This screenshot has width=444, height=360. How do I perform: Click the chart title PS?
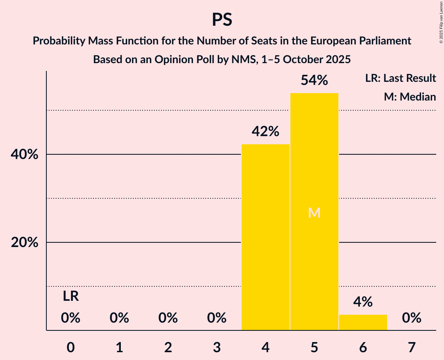(x=222, y=19)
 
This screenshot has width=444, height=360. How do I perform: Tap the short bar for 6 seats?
(x=363, y=322)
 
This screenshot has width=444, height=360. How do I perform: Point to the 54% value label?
(x=314, y=80)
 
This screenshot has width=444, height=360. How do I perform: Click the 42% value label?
(x=265, y=132)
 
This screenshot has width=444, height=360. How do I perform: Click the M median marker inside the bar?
(x=314, y=213)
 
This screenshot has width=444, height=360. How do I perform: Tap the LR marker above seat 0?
(x=71, y=296)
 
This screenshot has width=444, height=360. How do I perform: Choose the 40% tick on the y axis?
(x=24, y=155)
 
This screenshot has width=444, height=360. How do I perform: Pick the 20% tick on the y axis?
(x=24, y=243)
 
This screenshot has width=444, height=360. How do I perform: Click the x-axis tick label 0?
(x=71, y=347)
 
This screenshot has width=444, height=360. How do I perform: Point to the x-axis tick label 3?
(x=217, y=347)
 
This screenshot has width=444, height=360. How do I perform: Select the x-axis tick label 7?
(x=412, y=347)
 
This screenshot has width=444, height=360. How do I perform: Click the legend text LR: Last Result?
(x=400, y=78)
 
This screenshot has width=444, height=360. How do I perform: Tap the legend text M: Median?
(x=410, y=97)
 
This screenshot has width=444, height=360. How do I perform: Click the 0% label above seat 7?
(x=412, y=318)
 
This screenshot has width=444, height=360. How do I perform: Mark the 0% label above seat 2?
(x=168, y=318)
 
